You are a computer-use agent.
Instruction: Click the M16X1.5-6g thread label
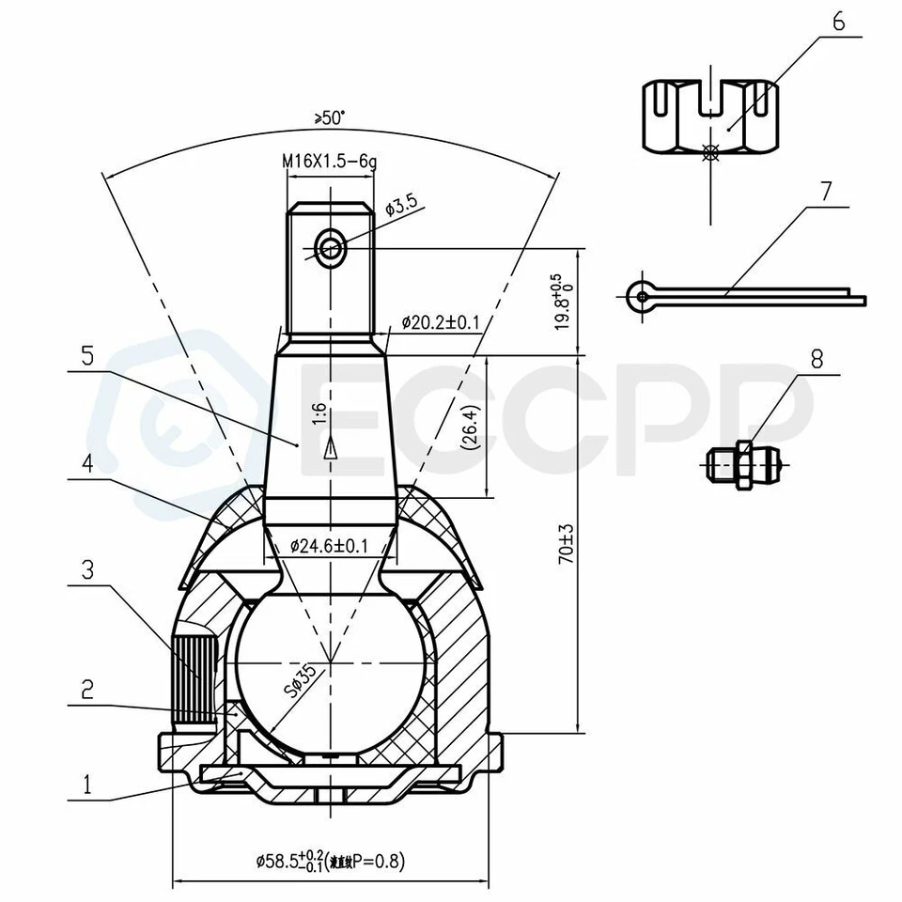330,162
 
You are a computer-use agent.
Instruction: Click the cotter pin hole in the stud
331,248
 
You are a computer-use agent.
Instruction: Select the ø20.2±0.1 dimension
441,322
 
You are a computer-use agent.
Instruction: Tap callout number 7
825,192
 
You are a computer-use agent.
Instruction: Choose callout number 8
816,358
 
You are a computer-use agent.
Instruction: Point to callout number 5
87,356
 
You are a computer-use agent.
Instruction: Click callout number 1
87,782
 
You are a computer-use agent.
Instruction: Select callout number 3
87,569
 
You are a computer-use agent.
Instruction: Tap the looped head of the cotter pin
641,296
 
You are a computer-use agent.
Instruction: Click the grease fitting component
742,461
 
